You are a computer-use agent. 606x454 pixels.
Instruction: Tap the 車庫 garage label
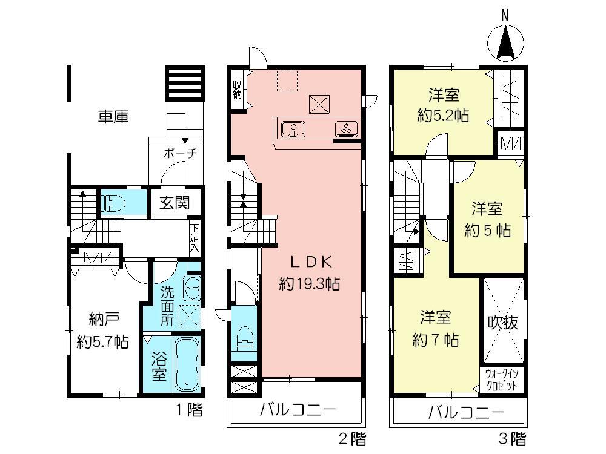tap(113, 116)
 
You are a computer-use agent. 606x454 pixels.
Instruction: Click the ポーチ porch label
tap(179, 153)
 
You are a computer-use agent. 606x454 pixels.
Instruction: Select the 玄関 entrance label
tap(174, 203)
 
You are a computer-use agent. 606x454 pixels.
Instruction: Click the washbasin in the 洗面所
tap(191, 288)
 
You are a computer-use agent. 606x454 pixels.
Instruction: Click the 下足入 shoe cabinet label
tap(194, 237)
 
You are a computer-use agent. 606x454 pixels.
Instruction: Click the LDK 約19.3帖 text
tap(309, 272)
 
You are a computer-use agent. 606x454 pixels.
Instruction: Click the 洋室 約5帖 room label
tap(488, 220)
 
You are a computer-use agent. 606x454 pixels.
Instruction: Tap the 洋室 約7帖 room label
tap(436, 327)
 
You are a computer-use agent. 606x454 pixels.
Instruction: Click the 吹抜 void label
tap(503, 323)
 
